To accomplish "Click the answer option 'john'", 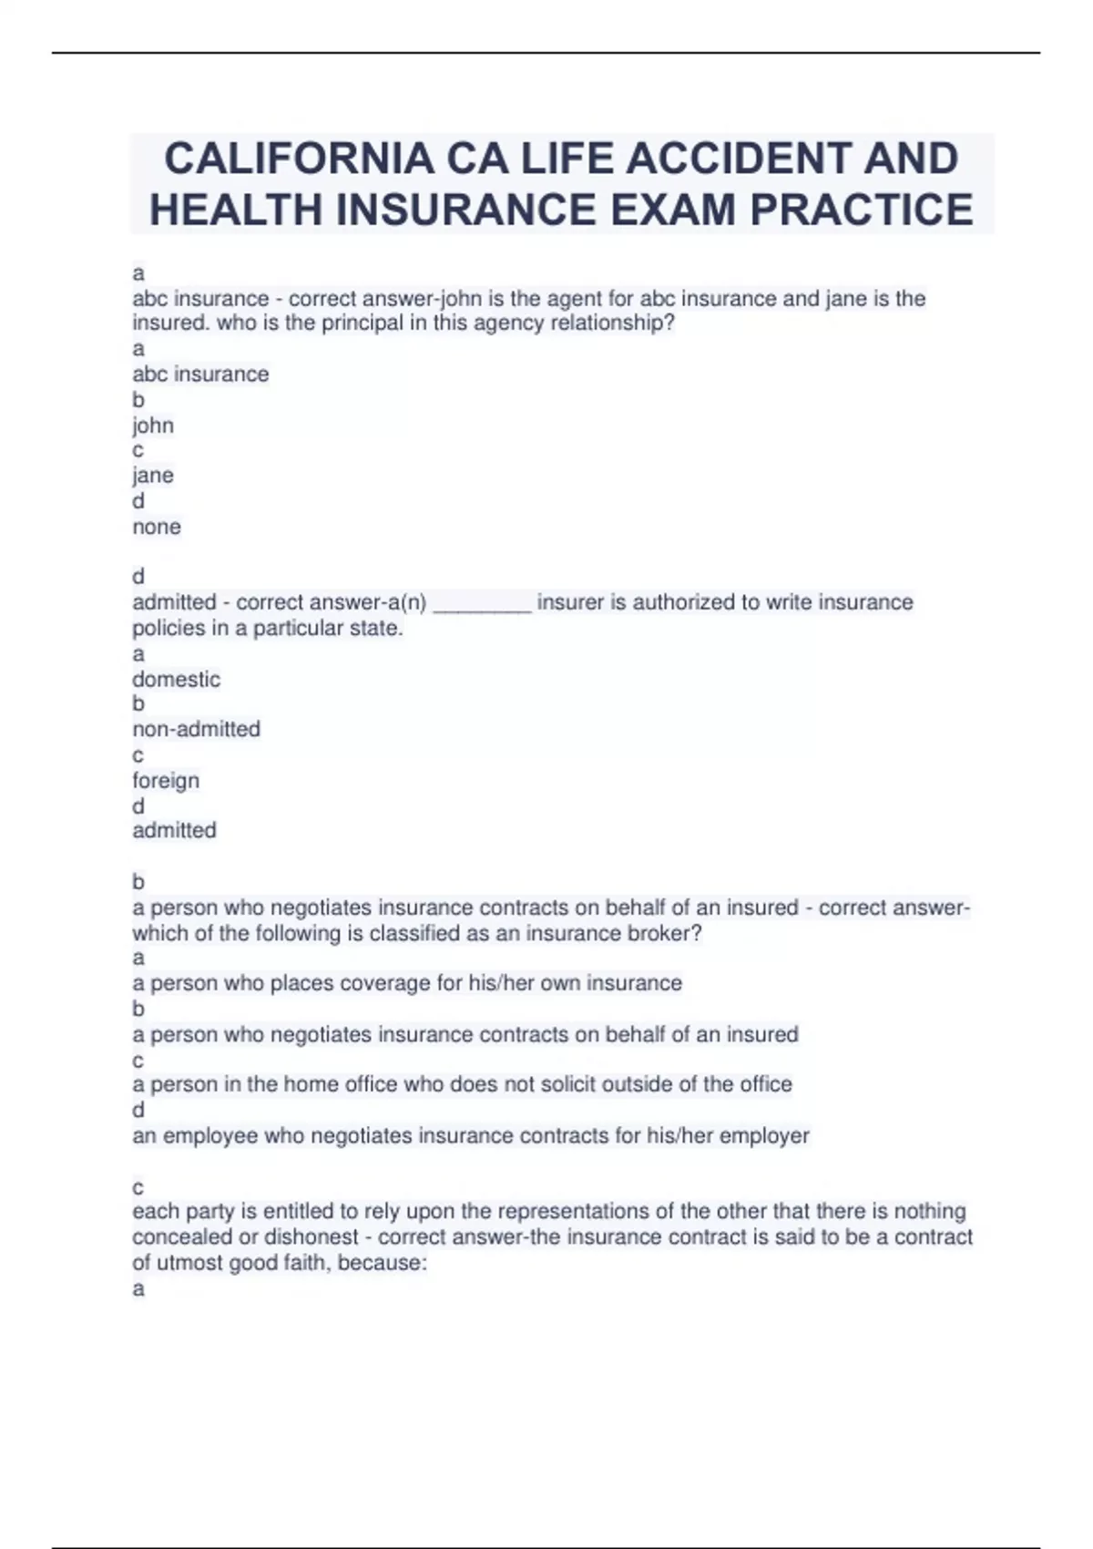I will [153, 426].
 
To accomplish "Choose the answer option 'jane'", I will [153, 476].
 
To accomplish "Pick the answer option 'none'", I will [157, 527].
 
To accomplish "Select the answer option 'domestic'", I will [176, 679].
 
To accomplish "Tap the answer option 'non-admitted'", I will [196, 729].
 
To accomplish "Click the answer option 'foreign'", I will [166, 781].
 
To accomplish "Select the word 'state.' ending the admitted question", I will [377, 628].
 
